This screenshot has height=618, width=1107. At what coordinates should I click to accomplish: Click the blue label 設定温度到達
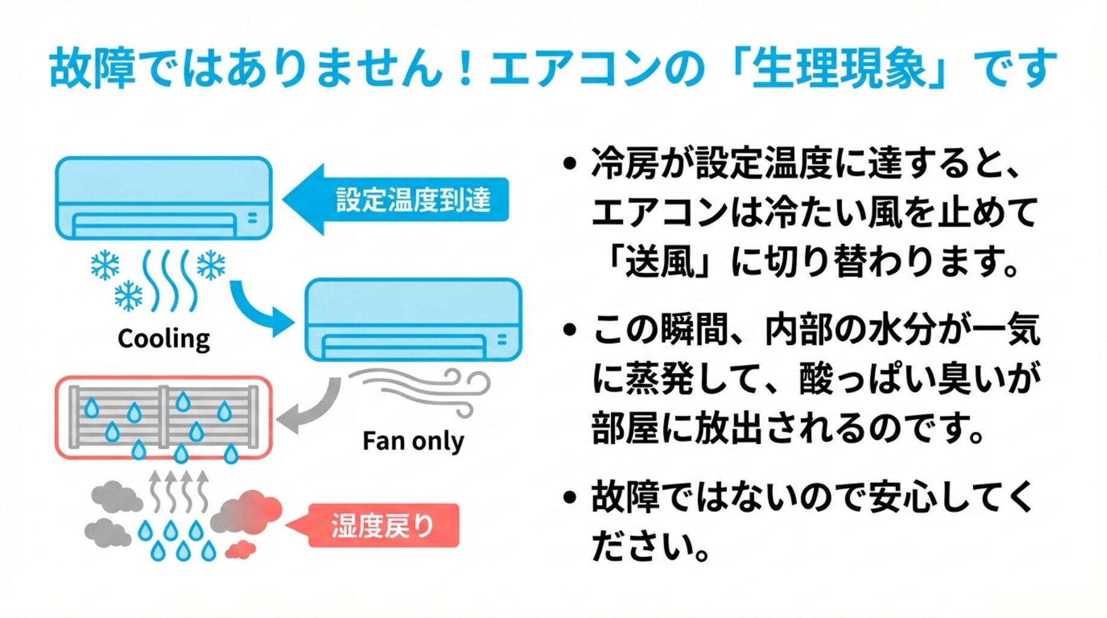click(x=413, y=200)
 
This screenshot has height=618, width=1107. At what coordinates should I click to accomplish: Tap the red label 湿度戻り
click(x=383, y=526)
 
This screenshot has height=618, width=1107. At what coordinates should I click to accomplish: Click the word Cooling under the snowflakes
click(x=164, y=339)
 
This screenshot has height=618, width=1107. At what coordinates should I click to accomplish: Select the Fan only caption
click(x=413, y=441)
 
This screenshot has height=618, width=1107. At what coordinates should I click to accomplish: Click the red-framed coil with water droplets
click(x=164, y=418)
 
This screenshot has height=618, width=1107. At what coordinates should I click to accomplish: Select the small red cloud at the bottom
click(x=240, y=549)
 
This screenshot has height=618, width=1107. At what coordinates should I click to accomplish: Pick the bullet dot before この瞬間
click(x=569, y=330)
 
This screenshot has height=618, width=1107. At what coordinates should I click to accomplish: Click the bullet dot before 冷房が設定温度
click(x=569, y=164)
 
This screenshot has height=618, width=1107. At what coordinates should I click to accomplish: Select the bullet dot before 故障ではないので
click(x=569, y=497)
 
